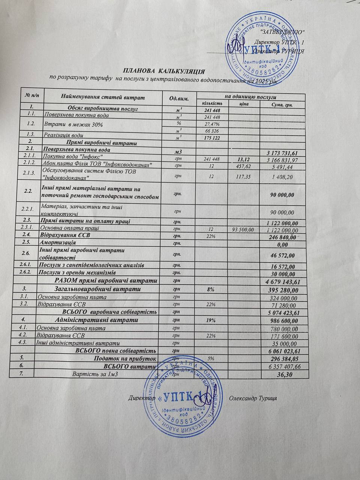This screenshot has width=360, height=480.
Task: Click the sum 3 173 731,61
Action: pos(282,153)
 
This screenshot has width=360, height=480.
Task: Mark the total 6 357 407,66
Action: pos(282,367)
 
